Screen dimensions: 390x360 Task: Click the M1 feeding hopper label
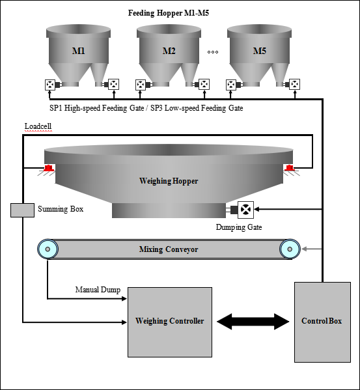click(77, 51)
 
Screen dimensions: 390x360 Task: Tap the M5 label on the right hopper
click(258, 51)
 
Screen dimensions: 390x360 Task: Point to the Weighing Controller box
click(169, 321)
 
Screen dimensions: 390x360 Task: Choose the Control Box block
click(322, 321)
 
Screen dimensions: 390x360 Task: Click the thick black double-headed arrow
click(253, 321)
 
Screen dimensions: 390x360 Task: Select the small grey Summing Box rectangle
click(23, 210)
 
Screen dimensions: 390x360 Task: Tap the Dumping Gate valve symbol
click(246, 209)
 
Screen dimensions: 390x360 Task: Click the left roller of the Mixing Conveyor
click(47, 249)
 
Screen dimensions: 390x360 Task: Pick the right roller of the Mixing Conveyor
click(290, 249)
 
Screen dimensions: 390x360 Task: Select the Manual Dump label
click(98, 290)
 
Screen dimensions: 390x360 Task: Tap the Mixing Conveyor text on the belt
click(168, 249)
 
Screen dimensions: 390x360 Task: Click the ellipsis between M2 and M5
click(212, 51)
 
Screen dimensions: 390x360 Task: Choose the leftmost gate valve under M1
click(49, 84)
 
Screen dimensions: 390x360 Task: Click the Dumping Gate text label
click(239, 227)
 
